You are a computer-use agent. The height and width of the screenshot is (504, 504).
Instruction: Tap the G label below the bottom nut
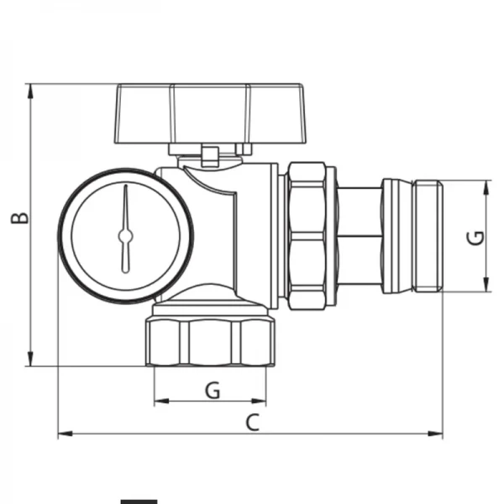coord(213,390)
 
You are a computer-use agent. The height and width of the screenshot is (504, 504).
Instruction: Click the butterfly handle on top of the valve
coord(208,113)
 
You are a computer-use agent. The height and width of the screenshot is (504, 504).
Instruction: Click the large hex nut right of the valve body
coord(308,235)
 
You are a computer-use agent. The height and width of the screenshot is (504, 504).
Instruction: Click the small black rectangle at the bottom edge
coord(138,501)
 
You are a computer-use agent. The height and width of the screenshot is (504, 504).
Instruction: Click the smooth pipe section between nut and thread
coord(359,236)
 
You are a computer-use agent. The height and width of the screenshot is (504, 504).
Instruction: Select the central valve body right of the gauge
coord(235,227)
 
